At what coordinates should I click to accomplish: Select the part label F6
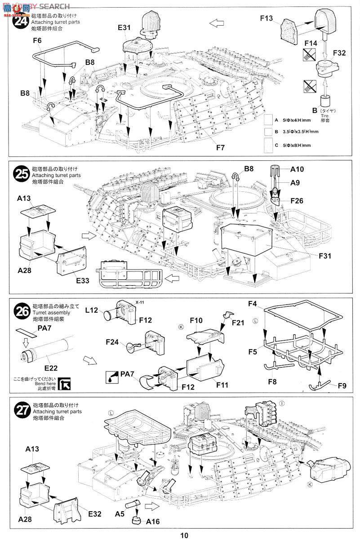[37, 40]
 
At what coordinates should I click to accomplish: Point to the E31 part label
[124, 28]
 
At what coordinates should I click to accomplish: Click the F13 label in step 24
[267, 18]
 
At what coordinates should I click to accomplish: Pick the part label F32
[339, 53]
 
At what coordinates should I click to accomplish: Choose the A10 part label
[297, 169]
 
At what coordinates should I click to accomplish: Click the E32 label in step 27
[94, 501]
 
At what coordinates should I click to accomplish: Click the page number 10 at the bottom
[184, 535]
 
